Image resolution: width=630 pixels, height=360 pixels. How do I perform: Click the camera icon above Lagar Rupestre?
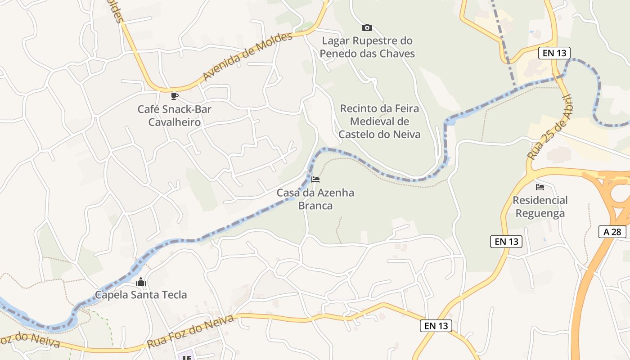coord(367,28)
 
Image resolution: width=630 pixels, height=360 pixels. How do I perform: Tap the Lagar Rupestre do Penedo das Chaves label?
coord(367,47)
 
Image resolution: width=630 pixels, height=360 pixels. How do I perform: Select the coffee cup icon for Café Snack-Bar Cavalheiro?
coord(175,96)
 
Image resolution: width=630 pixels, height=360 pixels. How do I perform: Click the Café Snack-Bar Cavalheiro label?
coord(175,116)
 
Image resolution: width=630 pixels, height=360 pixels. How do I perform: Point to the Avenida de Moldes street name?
coord(247,57)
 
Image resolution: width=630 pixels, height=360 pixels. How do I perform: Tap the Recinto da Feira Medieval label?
coord(379,121)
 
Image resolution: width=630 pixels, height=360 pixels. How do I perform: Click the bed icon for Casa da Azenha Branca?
coord(315,180)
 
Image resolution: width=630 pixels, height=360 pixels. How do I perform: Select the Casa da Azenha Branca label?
coord(315,199)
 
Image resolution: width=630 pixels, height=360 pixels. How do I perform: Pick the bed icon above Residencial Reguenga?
coord(540,187)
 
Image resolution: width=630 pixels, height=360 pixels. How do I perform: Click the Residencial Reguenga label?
coord(540,207)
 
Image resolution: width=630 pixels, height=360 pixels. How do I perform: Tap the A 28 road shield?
coord(612,232)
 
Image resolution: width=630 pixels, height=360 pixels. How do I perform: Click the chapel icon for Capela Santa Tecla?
coord(141,282)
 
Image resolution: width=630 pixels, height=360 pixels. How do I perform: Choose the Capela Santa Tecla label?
coord(141,295)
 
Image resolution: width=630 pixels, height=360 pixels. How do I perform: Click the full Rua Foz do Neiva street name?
coord(190,331)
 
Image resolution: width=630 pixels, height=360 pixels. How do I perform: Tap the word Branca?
coord(315,206)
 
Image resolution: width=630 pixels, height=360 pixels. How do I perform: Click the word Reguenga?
coord(540,213)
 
